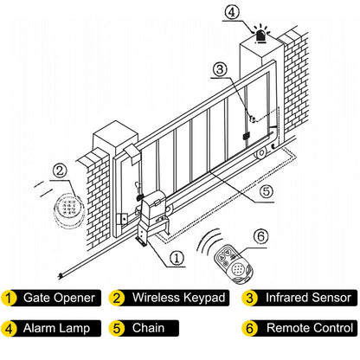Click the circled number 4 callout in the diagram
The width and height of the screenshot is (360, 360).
tap(230, 13)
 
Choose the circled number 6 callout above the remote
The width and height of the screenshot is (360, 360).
tap(260, 235)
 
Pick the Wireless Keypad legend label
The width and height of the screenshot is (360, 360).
tap(177, 298)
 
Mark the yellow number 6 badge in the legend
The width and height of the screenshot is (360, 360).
tap(249, 329)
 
